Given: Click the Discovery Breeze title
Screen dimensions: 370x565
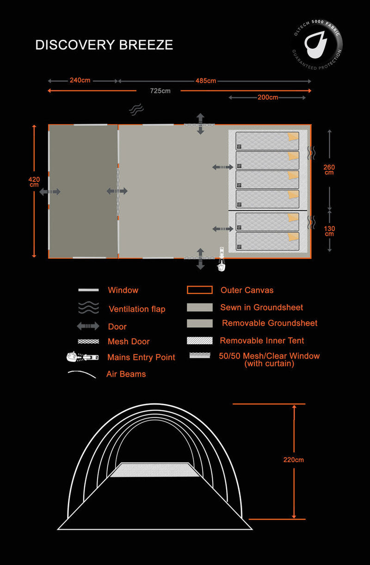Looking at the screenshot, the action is click(x=104, y=45).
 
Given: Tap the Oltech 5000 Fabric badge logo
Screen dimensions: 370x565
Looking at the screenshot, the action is click(x=317, y=44).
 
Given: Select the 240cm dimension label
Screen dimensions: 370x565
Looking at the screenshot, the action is click(x=80, y=80).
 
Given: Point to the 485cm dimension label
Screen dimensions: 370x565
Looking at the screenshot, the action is click(x=206, y=81).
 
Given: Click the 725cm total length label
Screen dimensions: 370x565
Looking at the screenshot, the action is click(x=160, y=91).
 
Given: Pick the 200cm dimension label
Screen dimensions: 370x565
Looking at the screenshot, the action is click(x=268, y=97).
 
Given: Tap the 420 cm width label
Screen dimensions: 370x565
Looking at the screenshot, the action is click(x=34, y=182).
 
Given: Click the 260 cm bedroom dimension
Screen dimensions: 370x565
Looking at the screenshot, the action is click(x=329, y=170).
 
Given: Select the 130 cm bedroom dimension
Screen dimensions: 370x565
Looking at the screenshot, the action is click(x=329, y=231).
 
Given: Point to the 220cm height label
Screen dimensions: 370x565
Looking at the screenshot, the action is click(x=294, y=460).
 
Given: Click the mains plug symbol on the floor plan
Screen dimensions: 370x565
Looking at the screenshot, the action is click(x=222, y=259).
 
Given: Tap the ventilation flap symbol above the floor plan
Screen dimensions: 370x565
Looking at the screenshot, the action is click(x=136, y=109).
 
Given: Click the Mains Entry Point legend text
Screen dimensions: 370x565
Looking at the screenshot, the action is click(x=141, y=357).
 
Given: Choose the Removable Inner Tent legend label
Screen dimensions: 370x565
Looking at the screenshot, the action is click(x=262, y=341).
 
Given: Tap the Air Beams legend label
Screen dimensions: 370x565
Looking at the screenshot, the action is click(x=126, y=374).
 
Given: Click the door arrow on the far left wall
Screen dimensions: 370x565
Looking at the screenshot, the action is click(x=50, y=192).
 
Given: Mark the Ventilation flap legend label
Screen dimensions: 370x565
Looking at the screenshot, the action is click(x=137, y=309).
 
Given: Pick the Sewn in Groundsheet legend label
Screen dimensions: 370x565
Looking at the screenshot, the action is click(x=262, y=307).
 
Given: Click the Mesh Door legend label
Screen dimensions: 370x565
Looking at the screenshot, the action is click(x=129, y=341).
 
